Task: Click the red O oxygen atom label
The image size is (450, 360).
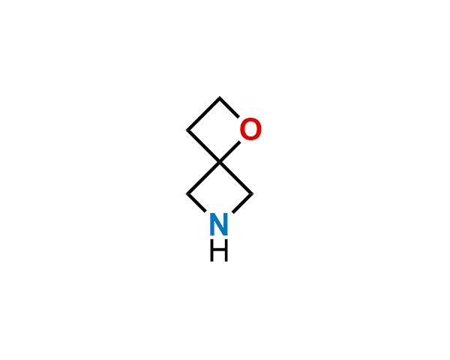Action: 250,129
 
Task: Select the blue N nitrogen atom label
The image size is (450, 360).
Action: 219,224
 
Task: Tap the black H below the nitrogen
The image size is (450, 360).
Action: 219,250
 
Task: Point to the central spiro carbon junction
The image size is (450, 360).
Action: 220,162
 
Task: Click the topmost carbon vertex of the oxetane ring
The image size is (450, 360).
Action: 220,97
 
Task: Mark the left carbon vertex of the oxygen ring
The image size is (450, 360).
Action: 187,130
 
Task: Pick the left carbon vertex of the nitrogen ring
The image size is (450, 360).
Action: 187,193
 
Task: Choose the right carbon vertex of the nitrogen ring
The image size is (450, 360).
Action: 253,193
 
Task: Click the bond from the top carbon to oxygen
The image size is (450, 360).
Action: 229,107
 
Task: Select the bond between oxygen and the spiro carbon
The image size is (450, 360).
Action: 230,151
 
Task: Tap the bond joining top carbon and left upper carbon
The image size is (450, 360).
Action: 203,114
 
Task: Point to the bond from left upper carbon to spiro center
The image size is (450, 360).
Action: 203,146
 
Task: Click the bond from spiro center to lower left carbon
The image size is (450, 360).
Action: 203,178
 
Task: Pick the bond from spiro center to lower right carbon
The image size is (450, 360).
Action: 236,178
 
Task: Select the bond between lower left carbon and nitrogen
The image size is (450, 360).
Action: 196,203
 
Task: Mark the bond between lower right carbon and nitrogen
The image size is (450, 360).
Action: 242,203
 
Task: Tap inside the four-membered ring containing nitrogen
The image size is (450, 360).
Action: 220,192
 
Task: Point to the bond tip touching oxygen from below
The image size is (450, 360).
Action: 240,142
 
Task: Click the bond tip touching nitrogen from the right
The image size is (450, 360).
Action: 232,213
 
